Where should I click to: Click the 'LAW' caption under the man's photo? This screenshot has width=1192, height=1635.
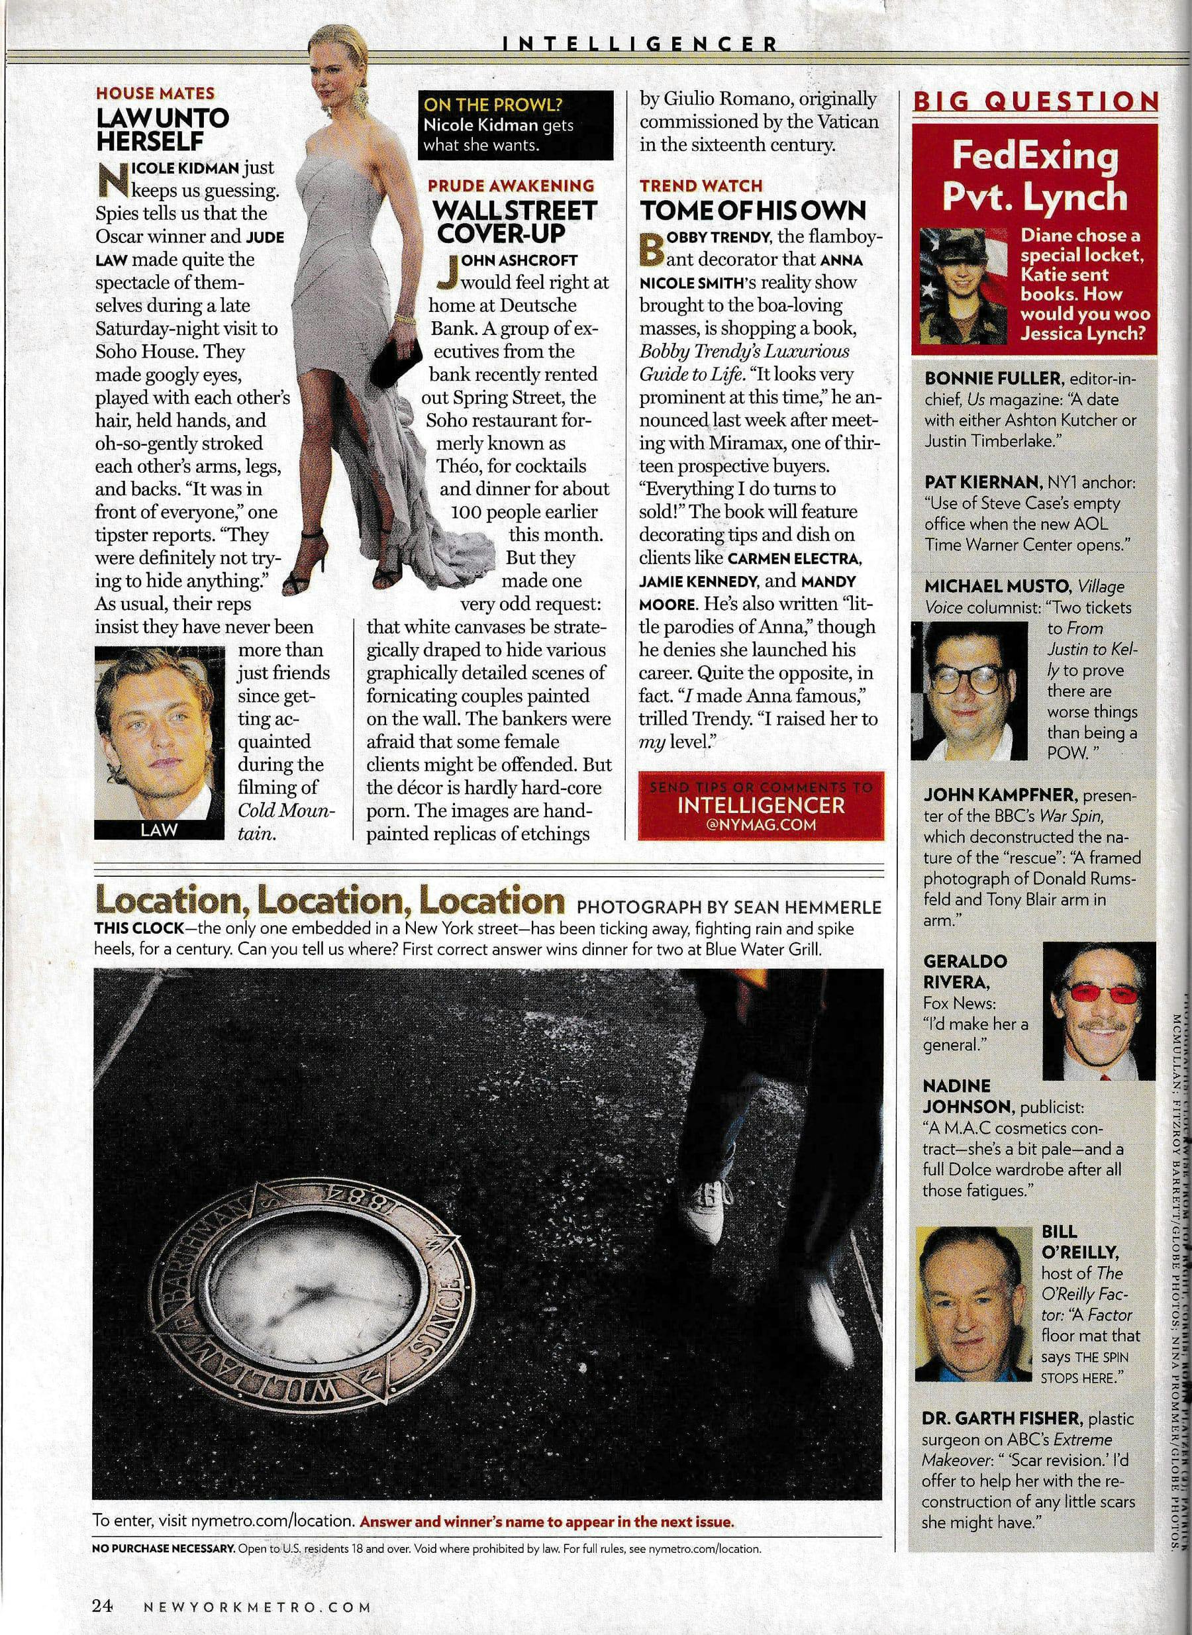(x=158, y=829)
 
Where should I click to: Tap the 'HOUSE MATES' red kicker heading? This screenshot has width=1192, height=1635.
(x=155, y=93)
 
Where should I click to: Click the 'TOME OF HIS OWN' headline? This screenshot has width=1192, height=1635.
(x=752, y=210)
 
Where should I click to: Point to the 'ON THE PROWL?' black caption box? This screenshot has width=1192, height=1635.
(x=515, y=124)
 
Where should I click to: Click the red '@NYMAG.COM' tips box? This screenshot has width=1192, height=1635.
(x=760, y=806)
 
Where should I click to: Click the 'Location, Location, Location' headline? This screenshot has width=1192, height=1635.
(x=330, y=901)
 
